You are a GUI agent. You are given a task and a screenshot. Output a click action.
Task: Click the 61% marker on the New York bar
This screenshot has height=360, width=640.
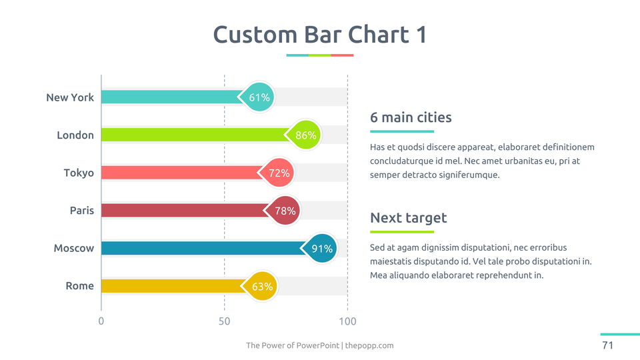click(x=259, y=97)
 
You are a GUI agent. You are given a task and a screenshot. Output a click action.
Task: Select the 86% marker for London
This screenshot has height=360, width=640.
click(x=305, y=135)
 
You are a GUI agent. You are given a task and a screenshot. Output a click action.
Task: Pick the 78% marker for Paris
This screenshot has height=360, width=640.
click(x=285, y=211)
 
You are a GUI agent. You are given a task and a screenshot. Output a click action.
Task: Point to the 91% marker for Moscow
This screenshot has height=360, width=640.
click(x=322, y=249)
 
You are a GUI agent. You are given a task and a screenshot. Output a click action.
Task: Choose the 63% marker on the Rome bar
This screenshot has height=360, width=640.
click(x=262, y=287)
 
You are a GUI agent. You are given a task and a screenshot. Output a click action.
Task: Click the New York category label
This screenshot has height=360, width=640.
click(x=70, y=97)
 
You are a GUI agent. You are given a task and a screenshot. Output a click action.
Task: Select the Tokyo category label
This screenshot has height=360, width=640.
click(x=79, y=173)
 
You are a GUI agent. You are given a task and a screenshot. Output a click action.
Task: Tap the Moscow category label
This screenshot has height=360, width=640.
click(x=74, y=249)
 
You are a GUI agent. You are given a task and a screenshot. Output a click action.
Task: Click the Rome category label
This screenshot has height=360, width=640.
click(x=79, y=286)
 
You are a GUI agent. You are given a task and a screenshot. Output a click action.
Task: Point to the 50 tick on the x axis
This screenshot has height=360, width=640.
click(x=224, y=321)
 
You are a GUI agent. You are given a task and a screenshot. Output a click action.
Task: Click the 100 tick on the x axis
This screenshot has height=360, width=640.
click(x=347, y=321)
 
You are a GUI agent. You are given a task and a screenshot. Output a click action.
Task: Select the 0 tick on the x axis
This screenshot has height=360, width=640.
click(x=101, y=321)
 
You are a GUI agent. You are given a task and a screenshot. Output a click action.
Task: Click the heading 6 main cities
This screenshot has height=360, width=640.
click(x=411, y=118)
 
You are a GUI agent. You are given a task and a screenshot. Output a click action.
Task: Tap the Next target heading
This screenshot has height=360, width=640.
click(x=408, y=218)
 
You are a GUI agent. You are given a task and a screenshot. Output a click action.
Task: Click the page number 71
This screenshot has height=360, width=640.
click(x=607, y=345)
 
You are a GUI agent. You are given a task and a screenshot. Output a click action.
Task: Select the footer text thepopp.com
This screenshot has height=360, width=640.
click(x=369, y=345)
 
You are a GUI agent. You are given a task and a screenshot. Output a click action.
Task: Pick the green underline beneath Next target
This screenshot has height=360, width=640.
click(x=401, y=232)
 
